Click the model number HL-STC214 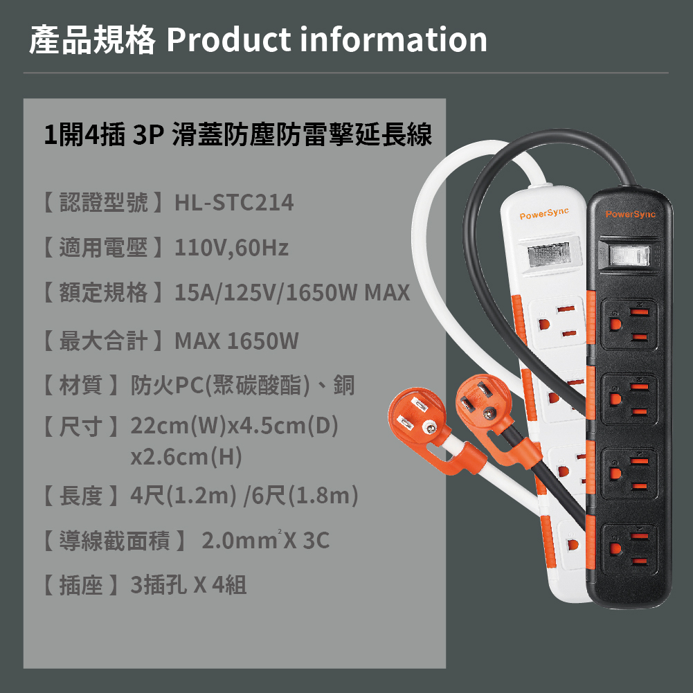234,202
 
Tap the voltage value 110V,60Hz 231,248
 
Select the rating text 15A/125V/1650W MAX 292,293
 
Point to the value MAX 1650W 237,341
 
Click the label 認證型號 103,202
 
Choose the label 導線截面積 114,541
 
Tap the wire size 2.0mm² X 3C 266,540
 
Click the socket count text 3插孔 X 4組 188,585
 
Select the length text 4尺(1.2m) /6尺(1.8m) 244,496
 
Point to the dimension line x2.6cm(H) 186,456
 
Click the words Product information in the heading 327,39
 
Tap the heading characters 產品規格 92,39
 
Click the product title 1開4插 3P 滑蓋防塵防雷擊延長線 237,134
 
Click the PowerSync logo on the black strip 630,214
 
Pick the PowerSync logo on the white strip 544,213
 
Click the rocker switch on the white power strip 548,255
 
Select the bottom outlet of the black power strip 629,548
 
